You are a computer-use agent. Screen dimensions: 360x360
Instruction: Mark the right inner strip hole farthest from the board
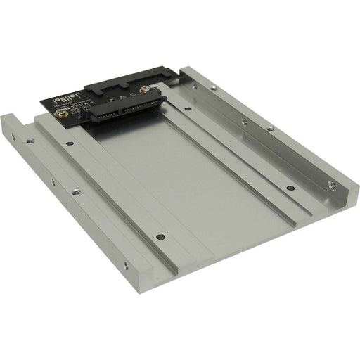click(290, 189)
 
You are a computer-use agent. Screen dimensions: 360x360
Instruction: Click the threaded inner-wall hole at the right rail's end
click(332, 188)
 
